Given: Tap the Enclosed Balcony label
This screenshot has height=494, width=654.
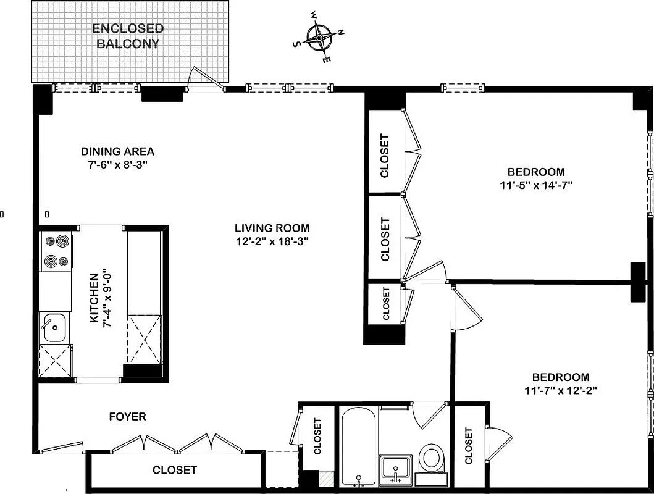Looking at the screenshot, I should click(x=128, y=36).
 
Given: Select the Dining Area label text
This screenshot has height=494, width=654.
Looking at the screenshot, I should click(x=117, y=151).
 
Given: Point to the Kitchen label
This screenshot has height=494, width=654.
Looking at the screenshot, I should click(x=94, y=298).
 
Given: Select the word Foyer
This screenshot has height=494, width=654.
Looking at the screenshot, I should click(x=127, y=417).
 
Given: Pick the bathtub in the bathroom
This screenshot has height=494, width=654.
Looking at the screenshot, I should click(x=358, y=448).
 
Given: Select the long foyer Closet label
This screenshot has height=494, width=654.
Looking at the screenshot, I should click(x=175, y=471).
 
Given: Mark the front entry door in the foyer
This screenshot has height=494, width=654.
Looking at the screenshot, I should click(x=61, y=446).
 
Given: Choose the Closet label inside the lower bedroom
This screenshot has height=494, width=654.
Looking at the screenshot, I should click(x=468, y=446).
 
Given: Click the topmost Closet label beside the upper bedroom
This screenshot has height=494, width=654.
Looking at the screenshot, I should click(x=385, y=156).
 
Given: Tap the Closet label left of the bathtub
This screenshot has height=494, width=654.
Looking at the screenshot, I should click(x=317, y=437).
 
